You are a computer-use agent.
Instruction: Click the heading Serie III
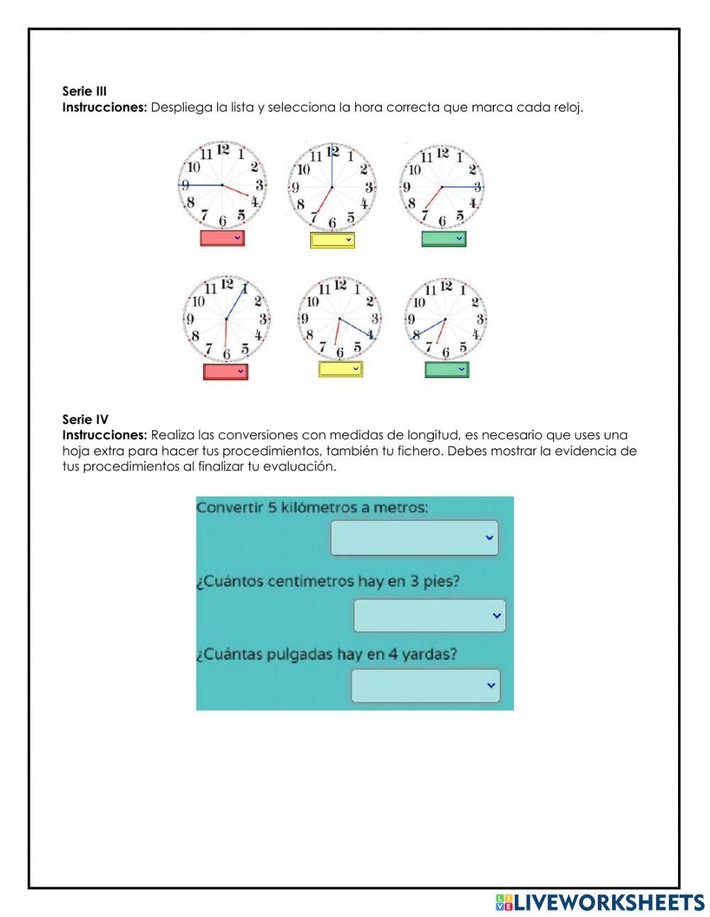click(x=84, y=91)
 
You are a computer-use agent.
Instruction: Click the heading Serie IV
click(x=85, y=419)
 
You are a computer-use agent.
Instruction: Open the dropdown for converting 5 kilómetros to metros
click(x=414, y=538)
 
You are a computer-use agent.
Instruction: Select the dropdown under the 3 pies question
click(x=430, y=615)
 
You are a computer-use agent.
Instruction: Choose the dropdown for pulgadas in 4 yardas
click(x=425, y=685)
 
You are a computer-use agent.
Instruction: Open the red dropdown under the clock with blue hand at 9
click(x=222, y=238)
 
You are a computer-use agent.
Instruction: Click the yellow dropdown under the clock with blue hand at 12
click(x=332, y=240)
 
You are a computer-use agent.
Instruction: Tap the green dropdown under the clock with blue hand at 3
click(x=444, y=239)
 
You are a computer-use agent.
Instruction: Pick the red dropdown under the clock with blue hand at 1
click(x=226, y=371)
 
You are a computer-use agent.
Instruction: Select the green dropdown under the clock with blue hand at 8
click(x=447, y=369)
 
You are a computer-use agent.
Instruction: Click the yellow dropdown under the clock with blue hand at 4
click(x=340, y=369)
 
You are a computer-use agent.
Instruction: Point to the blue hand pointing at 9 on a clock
click(x=202, y=185)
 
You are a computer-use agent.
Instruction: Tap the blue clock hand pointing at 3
click(x=461, y=187)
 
